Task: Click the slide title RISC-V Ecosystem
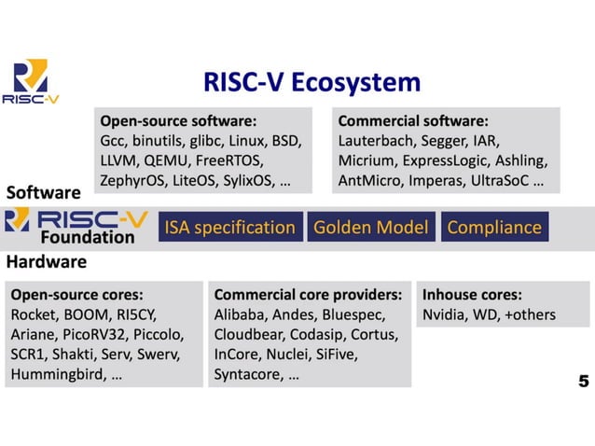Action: [x=311, y=83]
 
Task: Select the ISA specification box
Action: [x=229, y=227]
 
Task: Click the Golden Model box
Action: [x=370, y=227]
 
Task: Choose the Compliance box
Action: [x=493, y=227]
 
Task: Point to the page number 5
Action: [x=583, y=381]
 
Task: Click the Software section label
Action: [x=43, y=193]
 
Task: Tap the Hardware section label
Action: [x=48, y=262]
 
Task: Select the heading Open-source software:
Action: [x=178, y=120]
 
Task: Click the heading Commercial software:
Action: [x=413, y=120]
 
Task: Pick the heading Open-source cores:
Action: [x=76, y=293]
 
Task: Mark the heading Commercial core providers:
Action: [x=307, y=293]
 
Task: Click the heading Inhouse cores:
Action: [x=472, y=293]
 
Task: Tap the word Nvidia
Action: [x=444, y=314]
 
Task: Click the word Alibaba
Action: [x=241, y=314]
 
